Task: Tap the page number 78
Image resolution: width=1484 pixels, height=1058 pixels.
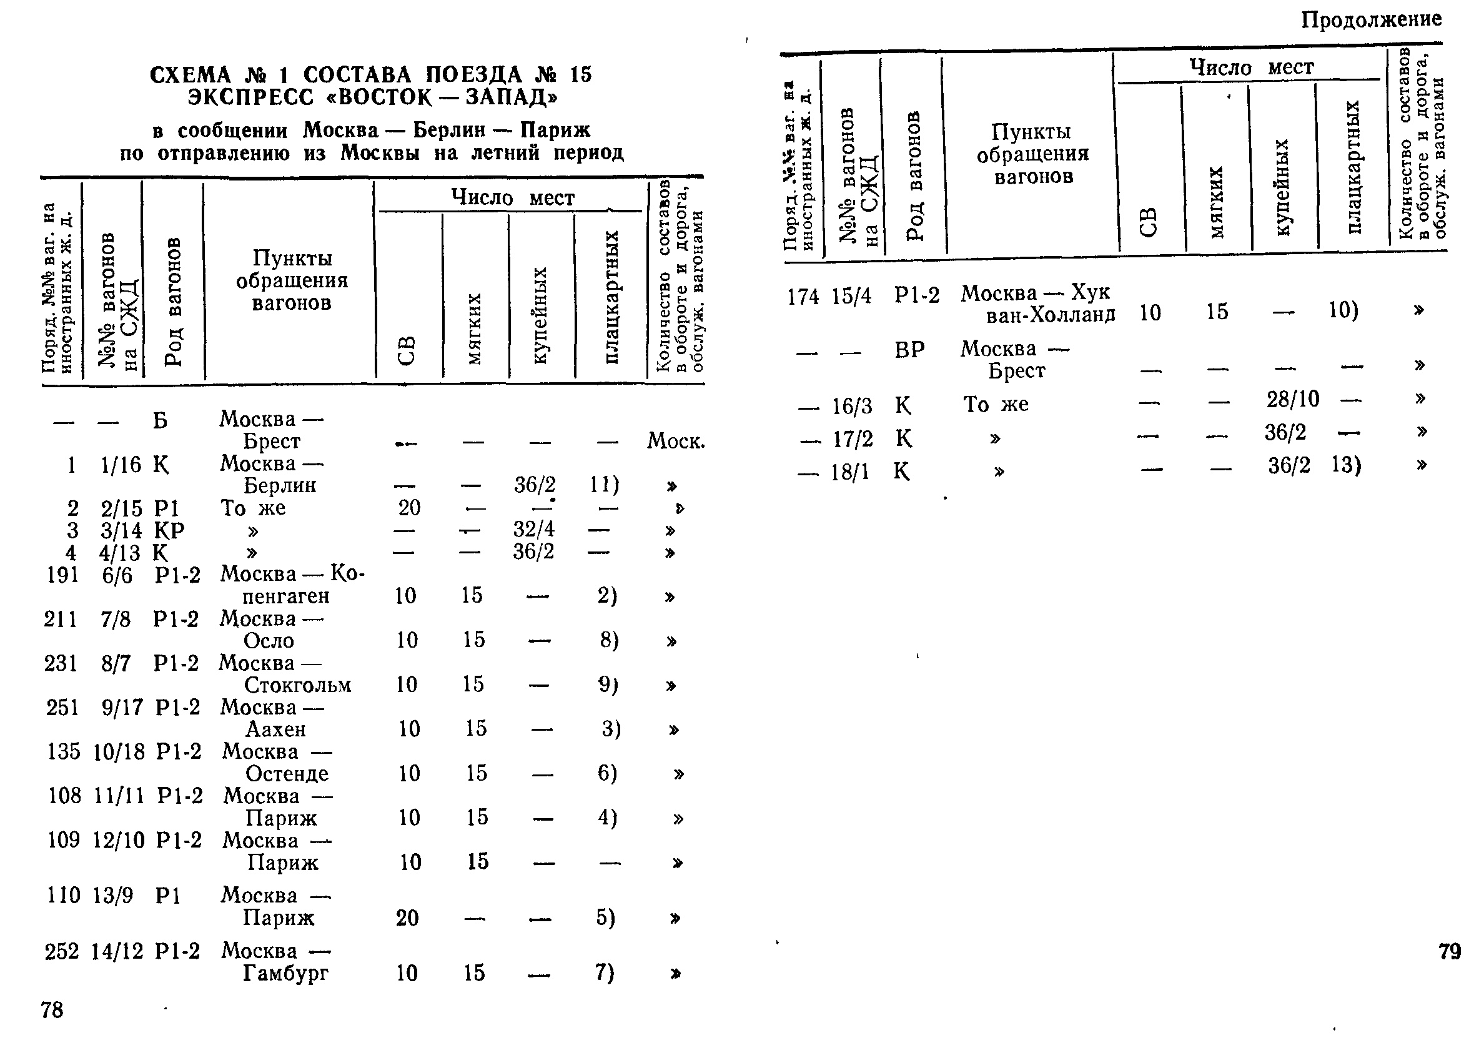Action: (52, 1010)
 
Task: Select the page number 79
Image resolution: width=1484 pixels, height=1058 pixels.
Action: (1450, 952)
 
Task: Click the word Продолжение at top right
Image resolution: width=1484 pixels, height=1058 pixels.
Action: (1372, 20)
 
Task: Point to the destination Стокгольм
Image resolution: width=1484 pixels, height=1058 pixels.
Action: (298, 685)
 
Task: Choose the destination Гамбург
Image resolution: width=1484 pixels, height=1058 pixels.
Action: (285, 973)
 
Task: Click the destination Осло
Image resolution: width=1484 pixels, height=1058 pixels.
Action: (269, 640)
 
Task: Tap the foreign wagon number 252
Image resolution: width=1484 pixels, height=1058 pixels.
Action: (62, 952)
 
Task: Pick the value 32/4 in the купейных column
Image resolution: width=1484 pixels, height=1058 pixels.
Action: (533, 529)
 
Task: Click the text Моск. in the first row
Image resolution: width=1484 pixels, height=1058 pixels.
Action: (676, 442)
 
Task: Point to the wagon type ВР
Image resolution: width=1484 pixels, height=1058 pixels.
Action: (909, 350)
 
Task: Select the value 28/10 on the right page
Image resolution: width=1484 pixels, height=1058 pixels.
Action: (1292, 398)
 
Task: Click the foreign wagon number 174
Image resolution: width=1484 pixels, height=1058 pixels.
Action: (803, 297)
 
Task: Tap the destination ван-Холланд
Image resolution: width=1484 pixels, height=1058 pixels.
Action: (1050, 315)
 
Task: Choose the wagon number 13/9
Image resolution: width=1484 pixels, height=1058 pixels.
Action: (112, 896)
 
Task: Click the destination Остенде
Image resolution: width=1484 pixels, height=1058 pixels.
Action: (287, 773)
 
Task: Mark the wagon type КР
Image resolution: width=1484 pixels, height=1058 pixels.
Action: (169, 530)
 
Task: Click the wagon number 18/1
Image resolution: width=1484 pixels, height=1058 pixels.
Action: (849, 472)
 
